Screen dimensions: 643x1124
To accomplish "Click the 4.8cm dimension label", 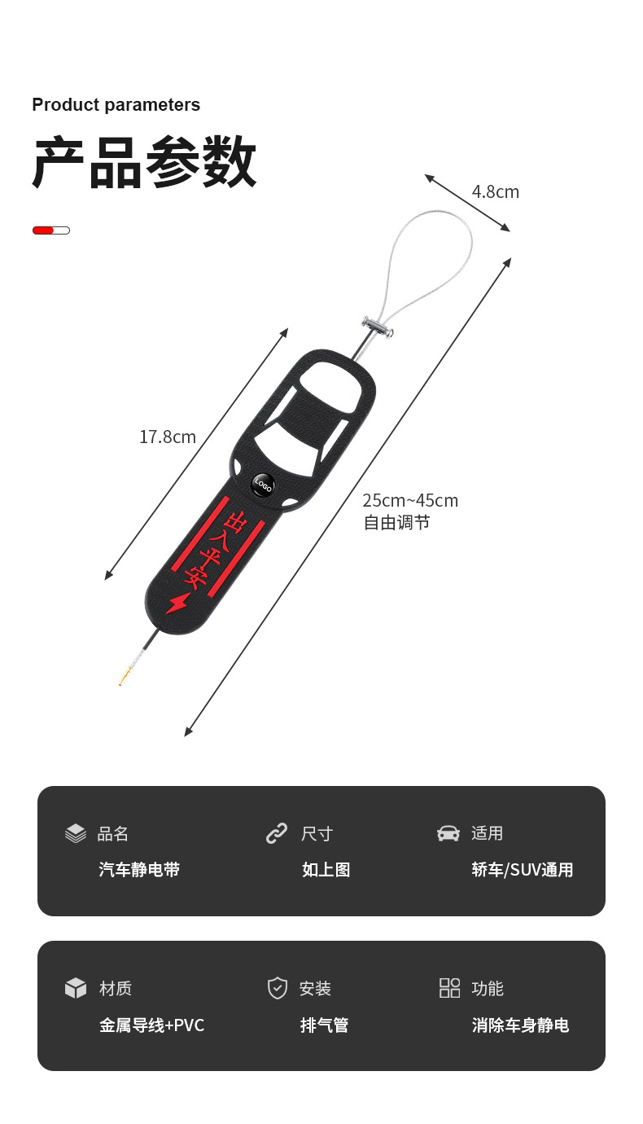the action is [x=495, y=192].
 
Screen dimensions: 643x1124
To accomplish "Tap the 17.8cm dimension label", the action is [x=168, y=437].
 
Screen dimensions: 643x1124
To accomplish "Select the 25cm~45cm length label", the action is [x=410, y=500].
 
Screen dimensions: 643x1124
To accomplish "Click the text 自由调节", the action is [x=396, y=523].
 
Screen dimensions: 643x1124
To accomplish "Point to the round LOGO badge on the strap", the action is [x=263, y=485].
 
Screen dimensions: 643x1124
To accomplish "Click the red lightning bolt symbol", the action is [x=176, y=604].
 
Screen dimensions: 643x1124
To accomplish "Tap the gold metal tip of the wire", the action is [x=125, y=678].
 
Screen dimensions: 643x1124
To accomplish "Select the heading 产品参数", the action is [x=145, y=164].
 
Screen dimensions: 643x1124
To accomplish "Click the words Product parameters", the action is [x=116, y=105].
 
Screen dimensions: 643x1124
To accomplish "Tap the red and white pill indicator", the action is [x=51, y=231].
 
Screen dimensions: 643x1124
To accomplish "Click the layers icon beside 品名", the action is [x=76, y=833].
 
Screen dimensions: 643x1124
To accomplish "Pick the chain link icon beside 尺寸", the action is [x=277, y=833].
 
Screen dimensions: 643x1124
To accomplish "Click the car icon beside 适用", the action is [x=448, y=833].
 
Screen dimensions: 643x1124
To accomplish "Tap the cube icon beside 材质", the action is [x=76, y=988].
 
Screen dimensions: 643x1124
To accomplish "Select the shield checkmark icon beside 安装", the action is [x=278, y=988].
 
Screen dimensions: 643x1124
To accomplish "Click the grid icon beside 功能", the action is [x=449, y=988].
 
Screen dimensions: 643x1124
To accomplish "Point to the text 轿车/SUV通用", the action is [x=522, y=870].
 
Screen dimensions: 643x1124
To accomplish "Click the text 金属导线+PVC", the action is [x=151, y=1025].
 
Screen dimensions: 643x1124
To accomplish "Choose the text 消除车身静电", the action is [x=520, y=1025].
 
